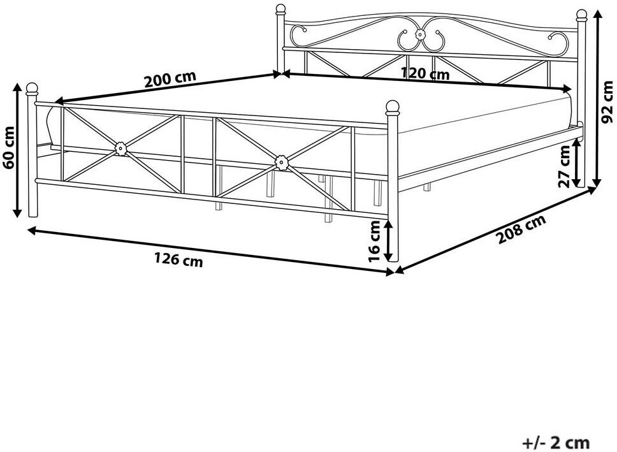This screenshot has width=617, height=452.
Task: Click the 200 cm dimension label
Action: pos(170,79)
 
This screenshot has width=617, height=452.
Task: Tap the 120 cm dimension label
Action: pos(425,73)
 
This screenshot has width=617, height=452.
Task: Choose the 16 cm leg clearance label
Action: pos(375,241)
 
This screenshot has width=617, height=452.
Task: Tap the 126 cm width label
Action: pos(178,259)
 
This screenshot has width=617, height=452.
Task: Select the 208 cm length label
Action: pos(521,229)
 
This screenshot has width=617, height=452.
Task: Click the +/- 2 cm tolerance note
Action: pos(556,442)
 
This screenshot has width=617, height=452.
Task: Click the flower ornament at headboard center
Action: pos(421,35)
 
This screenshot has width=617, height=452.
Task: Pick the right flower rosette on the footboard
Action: pos(281,162)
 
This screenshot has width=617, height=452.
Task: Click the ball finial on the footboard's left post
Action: pos(32,89)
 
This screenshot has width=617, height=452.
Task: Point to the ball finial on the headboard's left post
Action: pos(280,9)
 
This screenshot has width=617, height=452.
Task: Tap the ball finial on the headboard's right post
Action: pos(581,15)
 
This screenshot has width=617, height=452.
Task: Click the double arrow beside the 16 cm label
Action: pos(390,240)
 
